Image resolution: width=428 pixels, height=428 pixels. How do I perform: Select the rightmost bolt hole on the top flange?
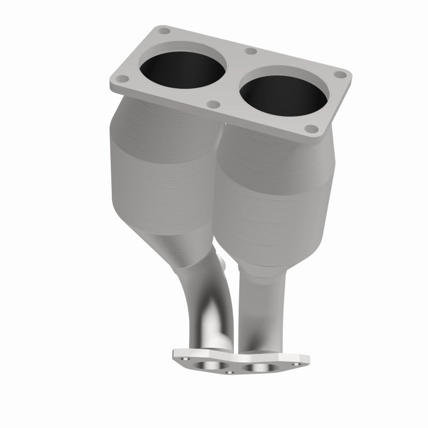[x=338, y=77]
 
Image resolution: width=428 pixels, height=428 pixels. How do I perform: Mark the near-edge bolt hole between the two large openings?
[x=213, y=104]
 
